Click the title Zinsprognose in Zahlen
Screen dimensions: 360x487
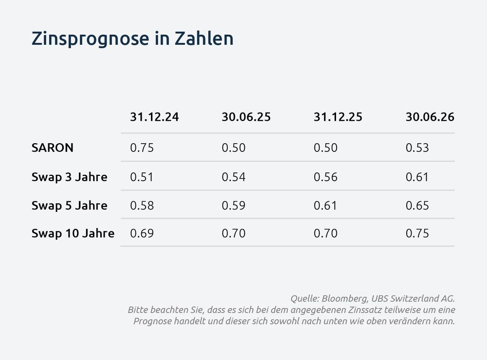pyautogui.click(x=132, y=38)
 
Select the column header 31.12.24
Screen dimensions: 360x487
pyautogui.click(x=154, y=117)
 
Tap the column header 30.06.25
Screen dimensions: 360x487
pyautogui.click(x=246, y=117)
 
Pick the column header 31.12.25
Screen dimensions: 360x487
pyautogui.click(x=338, y=117)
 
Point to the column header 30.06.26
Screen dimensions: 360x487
pyautogui.click(x=430, y=117)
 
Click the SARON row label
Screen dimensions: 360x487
pyautogui.click(x=53, y=148)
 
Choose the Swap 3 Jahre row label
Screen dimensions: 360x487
pyautogui.click(x=69, y=176)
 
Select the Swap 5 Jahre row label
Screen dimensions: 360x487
pyautogui.click(x=69, y=205)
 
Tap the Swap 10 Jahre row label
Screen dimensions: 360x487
pyautogui.click(x=73, y=233)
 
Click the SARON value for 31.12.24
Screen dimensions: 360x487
pyautogui.click(x=142, y=148)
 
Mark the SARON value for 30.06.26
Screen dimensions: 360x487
pyautogui.click(x=417, y=148)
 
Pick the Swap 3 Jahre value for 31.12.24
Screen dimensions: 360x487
pyautogui.click(x=142, y=176)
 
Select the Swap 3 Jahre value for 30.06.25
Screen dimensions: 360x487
pyautogui.click(x=233, y=176)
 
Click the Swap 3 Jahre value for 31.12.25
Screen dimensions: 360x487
pyautogui.click(x=325, y=176)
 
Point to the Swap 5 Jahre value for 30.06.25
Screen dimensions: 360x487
pyautogui.click(x=233, y=205)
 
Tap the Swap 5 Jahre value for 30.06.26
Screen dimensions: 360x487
pyautogui.click(x=417, y=205)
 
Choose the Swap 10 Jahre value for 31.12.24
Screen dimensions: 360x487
pyautogui.click(x=142, y=233)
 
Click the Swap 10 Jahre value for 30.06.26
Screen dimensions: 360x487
pyautogui.click(x=417, y=233)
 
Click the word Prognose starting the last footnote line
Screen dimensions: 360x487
pyautogui.click(x=152, y=322)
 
